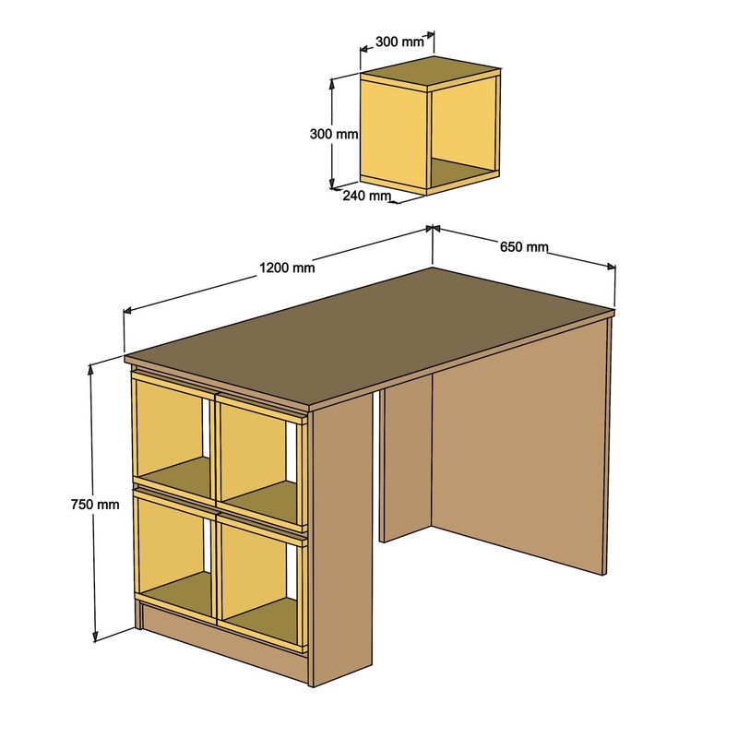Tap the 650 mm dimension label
[x=524, y=246]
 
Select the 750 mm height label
[x=95, y=505]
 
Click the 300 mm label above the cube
[x=399, y=42]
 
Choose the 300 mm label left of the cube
[x=333, y=134]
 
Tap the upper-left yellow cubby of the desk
[x=171, y=434]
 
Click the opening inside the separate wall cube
[x=464, y=129]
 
